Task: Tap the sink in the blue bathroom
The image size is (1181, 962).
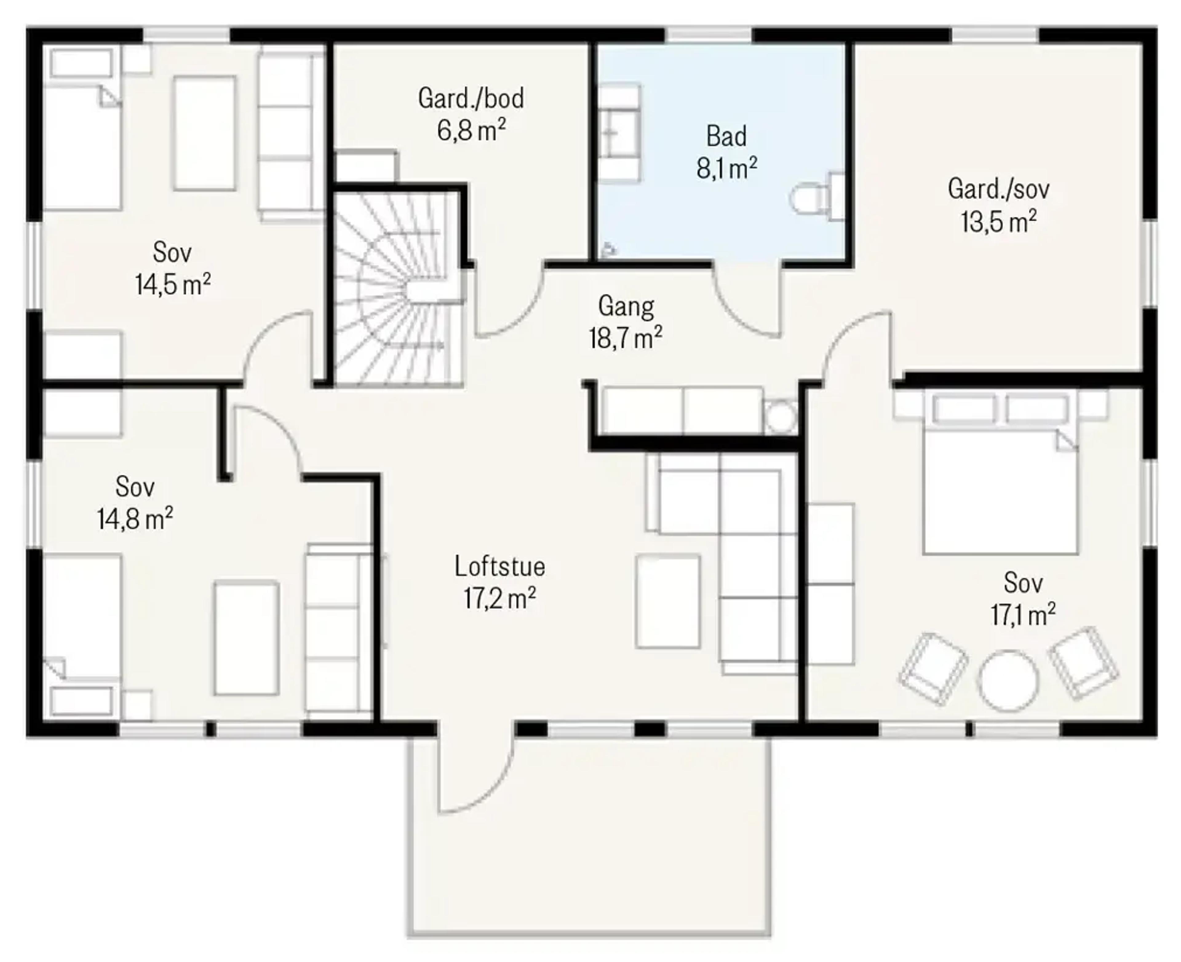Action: (618, 133)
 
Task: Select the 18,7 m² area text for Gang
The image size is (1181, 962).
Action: (626, 337)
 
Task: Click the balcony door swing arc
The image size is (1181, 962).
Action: (488, 792)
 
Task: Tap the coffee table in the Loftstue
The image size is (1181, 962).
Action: (668, 601)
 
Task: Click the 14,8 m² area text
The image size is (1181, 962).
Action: (135, 519)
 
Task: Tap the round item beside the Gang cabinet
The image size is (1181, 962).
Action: (780, 417)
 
